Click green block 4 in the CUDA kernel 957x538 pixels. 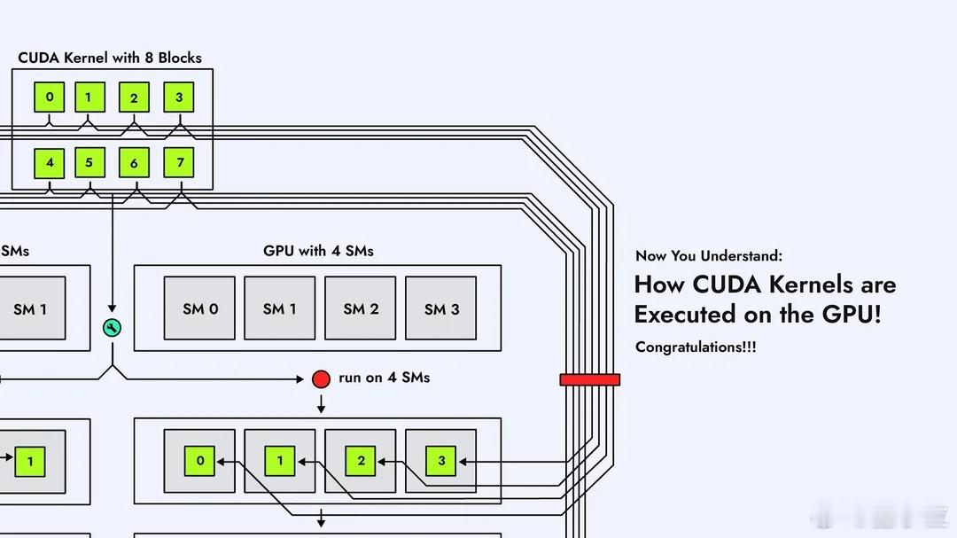[x=50, y=163]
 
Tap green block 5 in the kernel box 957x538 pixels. [x=89, y=163]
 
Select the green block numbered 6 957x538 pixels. [x=134, y=163]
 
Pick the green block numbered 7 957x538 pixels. [x=179, y=163]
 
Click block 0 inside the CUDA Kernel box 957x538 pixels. [x=50, y=97]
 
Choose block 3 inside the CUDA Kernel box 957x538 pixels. [x=179, y=97]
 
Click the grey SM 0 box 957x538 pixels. [x=200, y=308]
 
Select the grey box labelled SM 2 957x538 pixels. [x=361, y=308]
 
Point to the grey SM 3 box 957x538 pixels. [x=441, y=308]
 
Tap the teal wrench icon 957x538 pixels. [x=112, y=329]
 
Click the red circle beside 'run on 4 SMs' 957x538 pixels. [x=321, y=378]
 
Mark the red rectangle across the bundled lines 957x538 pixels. [x=589, y=379]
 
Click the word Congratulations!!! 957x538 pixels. [x=696, y=347]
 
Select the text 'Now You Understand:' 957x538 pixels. [x=709, y=256]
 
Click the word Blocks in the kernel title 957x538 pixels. [x=180, y=58]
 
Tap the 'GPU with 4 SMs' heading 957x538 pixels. [x=318, y=251]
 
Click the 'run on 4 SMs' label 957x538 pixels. [x=384, y=378]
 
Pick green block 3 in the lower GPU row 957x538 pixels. [x=441, y=461]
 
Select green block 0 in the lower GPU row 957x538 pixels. [x=200, y=461]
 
